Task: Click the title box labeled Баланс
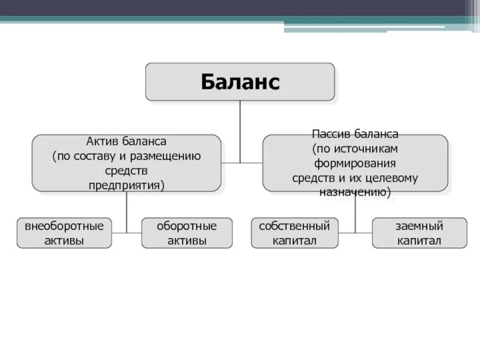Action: click(240, 82)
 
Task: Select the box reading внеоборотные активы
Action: click(64, 233)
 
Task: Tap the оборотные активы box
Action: click(187, 233)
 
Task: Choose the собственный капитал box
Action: click(294, 233)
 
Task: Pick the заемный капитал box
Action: click(419, 233)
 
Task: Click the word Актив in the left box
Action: click(103, 142)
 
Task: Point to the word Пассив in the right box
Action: click(332, 133)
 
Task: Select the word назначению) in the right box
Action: click(355, 193)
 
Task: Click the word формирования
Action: click(355, 163)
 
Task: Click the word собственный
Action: click(294, 226)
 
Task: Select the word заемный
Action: click(419, 226)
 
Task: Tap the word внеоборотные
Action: click(64, 226)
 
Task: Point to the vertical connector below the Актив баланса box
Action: click(127, 210)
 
